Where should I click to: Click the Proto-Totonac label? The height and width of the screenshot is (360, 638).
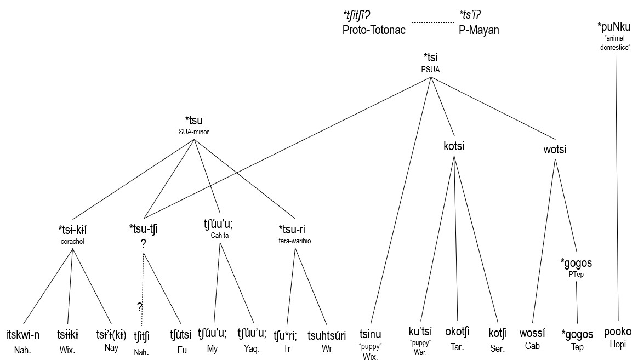pos(373,30)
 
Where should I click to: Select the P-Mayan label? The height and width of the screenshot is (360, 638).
pos(479,30)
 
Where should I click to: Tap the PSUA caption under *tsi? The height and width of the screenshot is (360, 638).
pos(430,69)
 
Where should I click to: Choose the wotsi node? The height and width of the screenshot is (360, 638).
pos(555,149)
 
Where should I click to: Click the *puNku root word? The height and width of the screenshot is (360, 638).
pos(614,27)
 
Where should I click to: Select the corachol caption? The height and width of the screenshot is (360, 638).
pos(73,241)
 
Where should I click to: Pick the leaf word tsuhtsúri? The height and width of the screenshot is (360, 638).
pos(326,334)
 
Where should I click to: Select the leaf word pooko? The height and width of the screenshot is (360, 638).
pos(618,332)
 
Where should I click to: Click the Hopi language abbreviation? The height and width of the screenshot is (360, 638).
pos(618,344)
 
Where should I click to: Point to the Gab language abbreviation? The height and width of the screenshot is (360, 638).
pos(533,347)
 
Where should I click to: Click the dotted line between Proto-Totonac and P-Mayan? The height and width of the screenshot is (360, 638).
pos(432,22)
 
